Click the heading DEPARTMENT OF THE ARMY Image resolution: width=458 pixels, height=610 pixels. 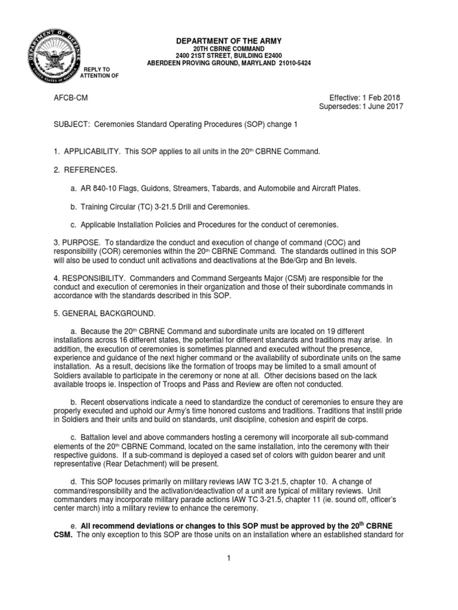[x=229, y=41]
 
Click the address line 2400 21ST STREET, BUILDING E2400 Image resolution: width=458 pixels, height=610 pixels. [x=229, y=55]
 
